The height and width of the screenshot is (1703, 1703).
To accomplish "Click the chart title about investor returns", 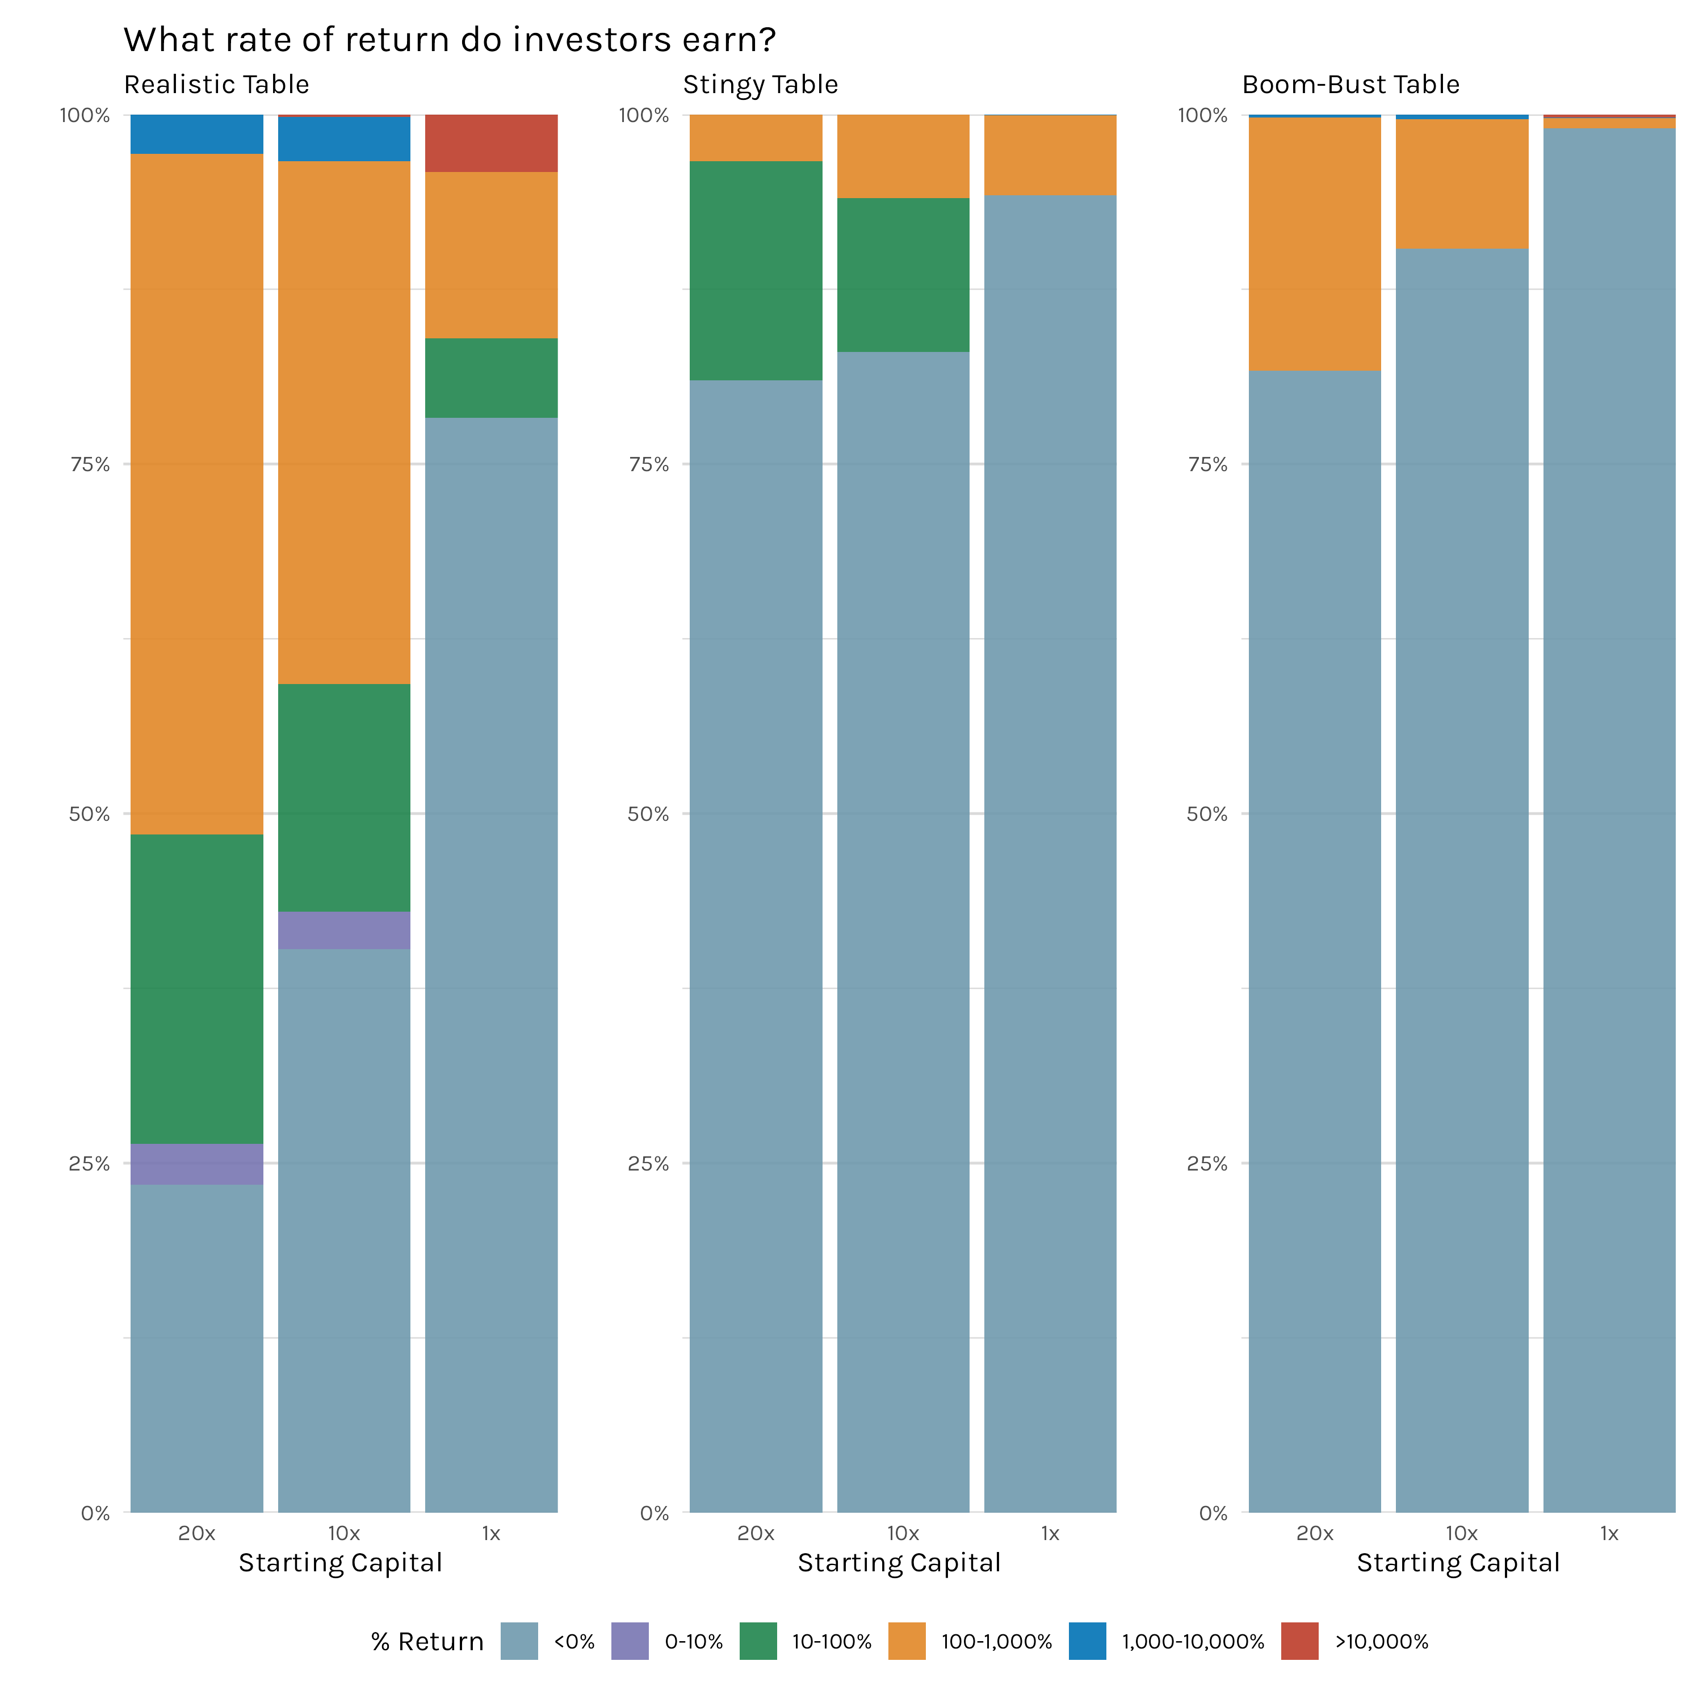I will point(450,40).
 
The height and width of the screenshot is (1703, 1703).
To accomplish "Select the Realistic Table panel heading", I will point(217,85).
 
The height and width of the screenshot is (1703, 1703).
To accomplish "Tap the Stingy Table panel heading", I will point(760,85).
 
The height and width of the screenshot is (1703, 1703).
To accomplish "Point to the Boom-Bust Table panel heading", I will point(1350,85).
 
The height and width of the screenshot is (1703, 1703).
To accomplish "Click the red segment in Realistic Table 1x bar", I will point(491,143).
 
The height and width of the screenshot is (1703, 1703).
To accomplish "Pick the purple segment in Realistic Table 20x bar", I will point(196,1164).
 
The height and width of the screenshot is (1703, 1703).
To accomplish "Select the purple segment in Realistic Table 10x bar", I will point(344,930).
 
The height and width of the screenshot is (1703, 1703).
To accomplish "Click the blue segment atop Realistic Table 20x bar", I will point(196,134).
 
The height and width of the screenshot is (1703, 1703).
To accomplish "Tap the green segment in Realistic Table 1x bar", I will point(491,377).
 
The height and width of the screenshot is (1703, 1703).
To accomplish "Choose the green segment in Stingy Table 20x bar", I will point(756,271).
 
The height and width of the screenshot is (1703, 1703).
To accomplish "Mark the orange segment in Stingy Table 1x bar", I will point(1050,155).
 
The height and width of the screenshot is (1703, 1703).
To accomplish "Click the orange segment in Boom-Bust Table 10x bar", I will point(1462,183).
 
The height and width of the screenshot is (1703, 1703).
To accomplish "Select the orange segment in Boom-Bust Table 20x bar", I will point(1314,244).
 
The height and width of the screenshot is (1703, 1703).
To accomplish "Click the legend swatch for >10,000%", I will point(1299,1641).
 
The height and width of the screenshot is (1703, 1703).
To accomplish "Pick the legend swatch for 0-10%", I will point(630,1641).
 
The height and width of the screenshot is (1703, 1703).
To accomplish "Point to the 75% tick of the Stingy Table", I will point(649,464).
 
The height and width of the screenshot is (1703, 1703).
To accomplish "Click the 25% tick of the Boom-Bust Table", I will point(1207,1164).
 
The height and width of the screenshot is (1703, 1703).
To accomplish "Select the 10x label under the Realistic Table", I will point(344,1534).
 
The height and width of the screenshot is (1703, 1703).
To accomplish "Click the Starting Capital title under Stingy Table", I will point(899,1563).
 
